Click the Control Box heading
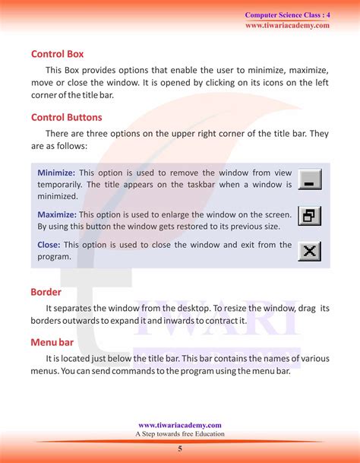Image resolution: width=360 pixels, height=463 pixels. pos(57,55)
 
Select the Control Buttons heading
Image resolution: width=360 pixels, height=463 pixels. pos(66,118)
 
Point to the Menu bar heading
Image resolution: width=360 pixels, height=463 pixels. pos(52,342)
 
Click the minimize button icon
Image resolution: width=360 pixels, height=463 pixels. pos(311,179)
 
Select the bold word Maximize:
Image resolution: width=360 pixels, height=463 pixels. pos(58,215)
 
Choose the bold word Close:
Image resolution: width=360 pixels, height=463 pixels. pos(49,245)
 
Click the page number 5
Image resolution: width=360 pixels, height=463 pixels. pos(180,449)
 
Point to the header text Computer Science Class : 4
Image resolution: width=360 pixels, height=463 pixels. pos(287,15)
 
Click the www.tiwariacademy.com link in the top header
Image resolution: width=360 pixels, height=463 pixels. pos(287,25)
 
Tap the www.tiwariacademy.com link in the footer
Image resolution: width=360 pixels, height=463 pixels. pos(180,426)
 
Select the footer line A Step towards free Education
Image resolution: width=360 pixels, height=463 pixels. pos(180,434)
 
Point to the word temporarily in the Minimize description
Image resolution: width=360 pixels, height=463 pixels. pos(62,185)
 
